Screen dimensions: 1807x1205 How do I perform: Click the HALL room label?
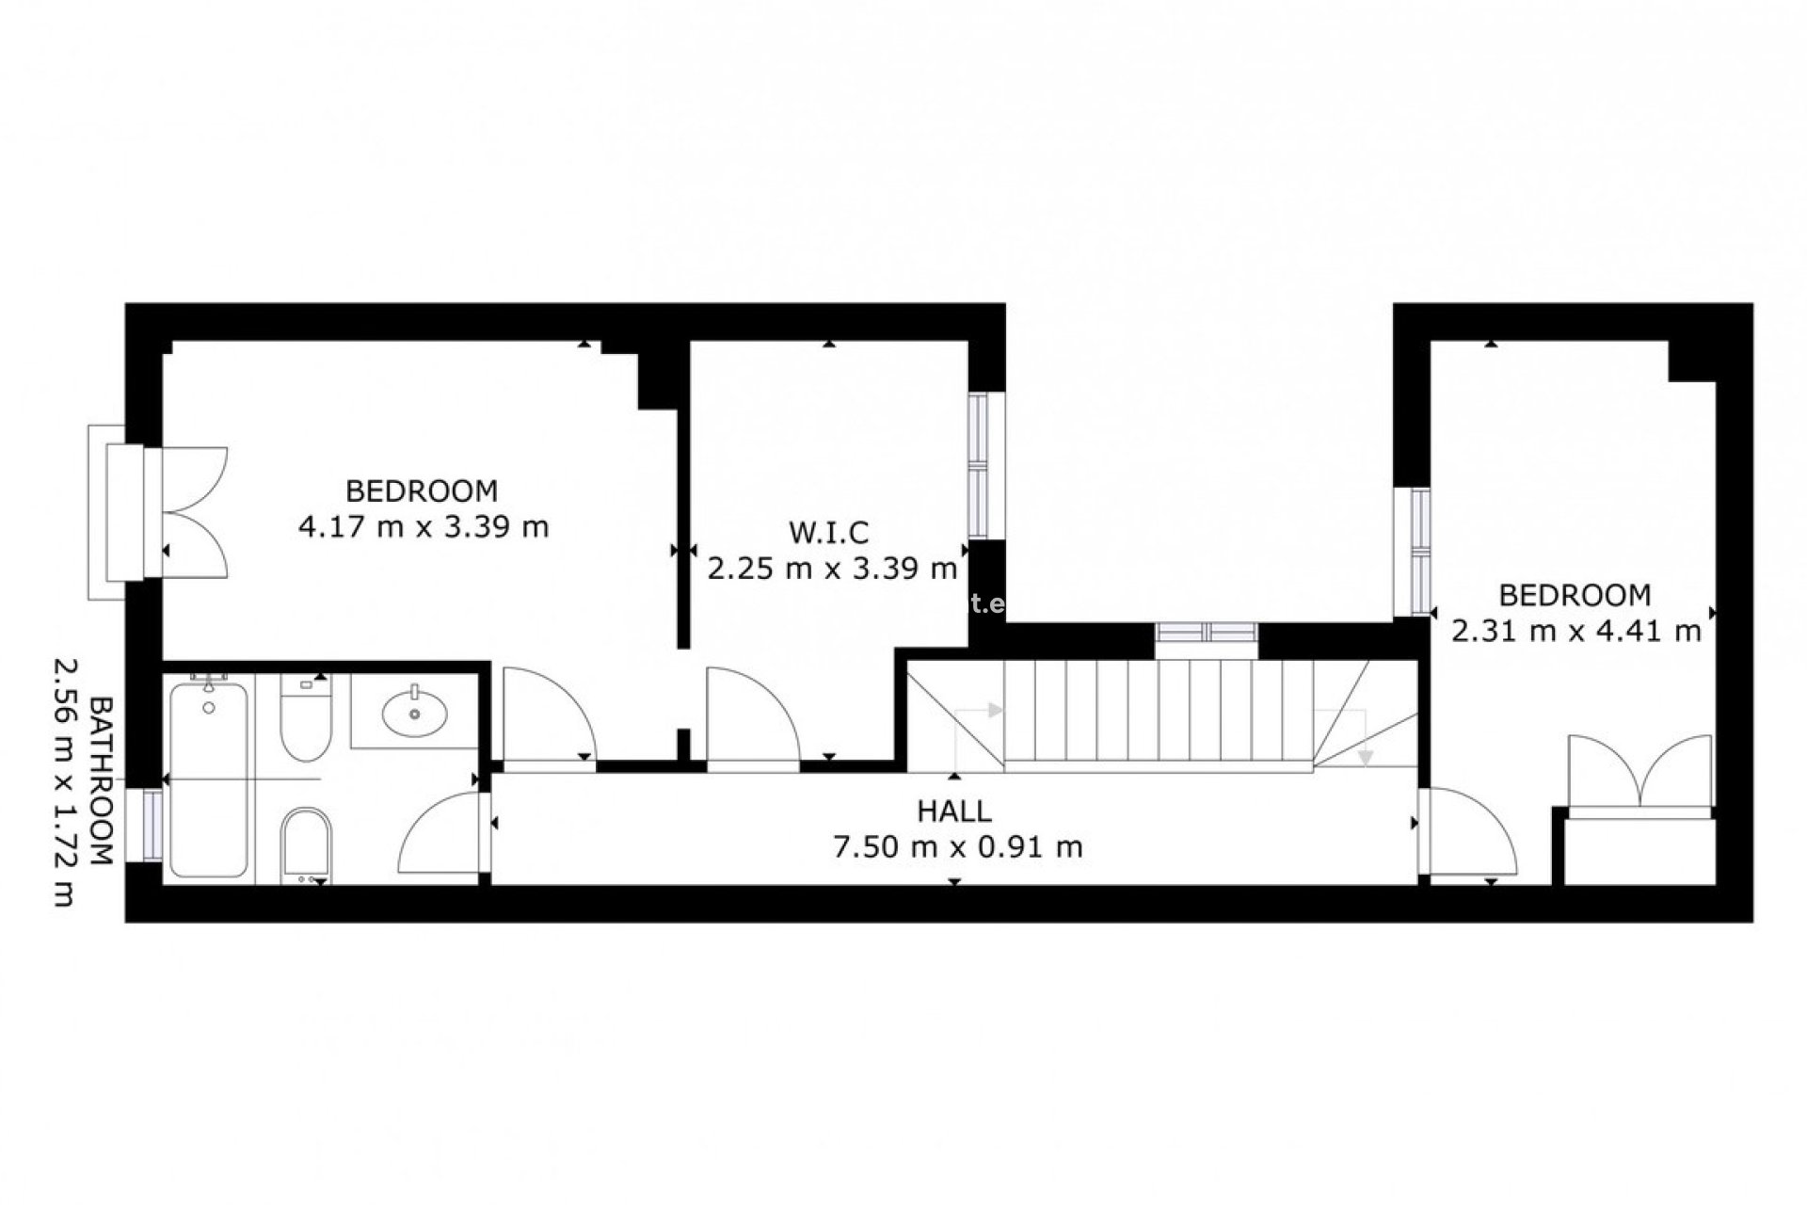pos(954,811)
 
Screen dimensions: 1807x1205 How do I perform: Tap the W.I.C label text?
pos(829,533)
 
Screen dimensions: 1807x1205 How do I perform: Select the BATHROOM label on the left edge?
pos(101,780)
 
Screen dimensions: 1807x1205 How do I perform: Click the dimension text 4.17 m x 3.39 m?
pos(424,526)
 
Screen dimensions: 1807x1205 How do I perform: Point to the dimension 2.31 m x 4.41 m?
pos(1576,631)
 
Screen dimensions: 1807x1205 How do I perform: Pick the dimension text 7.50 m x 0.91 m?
pos(958,847)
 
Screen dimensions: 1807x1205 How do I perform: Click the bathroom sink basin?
pos(415,712)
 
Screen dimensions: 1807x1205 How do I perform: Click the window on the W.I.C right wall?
pos(979,466)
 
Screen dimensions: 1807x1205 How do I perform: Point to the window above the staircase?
pos(1207,632)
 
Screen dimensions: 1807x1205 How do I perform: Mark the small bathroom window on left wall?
pos(152,825)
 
